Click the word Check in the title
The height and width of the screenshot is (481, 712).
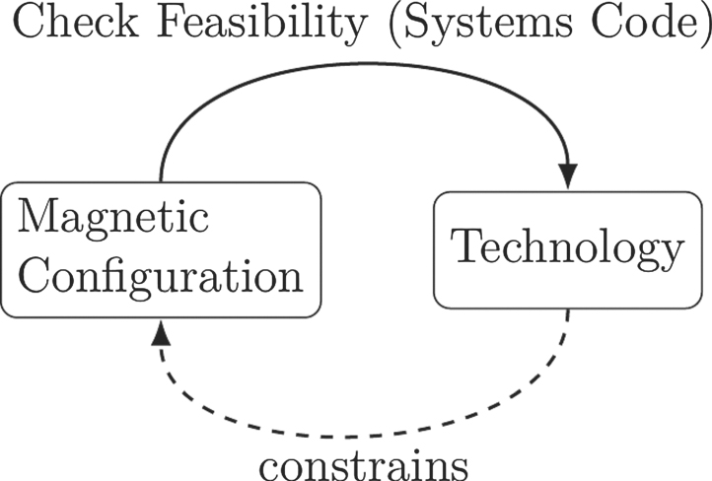coord(75,26)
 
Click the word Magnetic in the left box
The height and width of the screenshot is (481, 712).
coord(113,217)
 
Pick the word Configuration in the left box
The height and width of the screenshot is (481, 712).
coord(161,278)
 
